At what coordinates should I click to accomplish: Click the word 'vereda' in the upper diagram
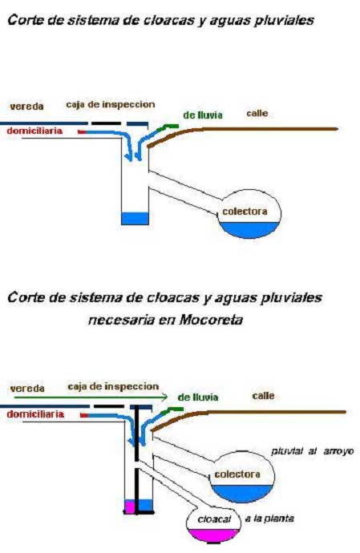[x=26, y=106]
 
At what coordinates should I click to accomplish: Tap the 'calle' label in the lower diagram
[x=263, y=396]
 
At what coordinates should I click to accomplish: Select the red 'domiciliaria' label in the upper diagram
[x=34, y=131]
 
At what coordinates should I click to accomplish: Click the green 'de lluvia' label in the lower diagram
[x=198, y=398]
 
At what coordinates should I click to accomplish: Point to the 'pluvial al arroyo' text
[x=313, y=451]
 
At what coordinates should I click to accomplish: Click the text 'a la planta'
[x=269, y=519]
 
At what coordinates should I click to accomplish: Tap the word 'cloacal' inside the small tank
[x=214, y=519]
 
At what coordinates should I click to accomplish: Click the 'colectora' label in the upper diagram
[x=245, y=212]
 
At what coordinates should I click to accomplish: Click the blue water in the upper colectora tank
[x=249, y=229]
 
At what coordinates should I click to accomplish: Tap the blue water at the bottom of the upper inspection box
[x=135, y=218]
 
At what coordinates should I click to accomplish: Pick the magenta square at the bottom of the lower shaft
[x=130, y=507]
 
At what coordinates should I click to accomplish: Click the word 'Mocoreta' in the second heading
[x=211, y=320]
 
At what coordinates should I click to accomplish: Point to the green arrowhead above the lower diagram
[x=164, y=397]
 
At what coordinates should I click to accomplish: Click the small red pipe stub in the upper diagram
[x=82, y=132]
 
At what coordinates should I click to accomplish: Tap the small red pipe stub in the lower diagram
[x=84, y=415]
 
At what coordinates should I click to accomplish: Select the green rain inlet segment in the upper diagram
[x=168, y=127]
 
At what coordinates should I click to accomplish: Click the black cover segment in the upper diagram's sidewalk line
[x=106, y=123]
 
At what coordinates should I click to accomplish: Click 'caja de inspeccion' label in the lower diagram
[x=113, y=386]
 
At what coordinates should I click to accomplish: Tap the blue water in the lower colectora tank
[x=242, y=493]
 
